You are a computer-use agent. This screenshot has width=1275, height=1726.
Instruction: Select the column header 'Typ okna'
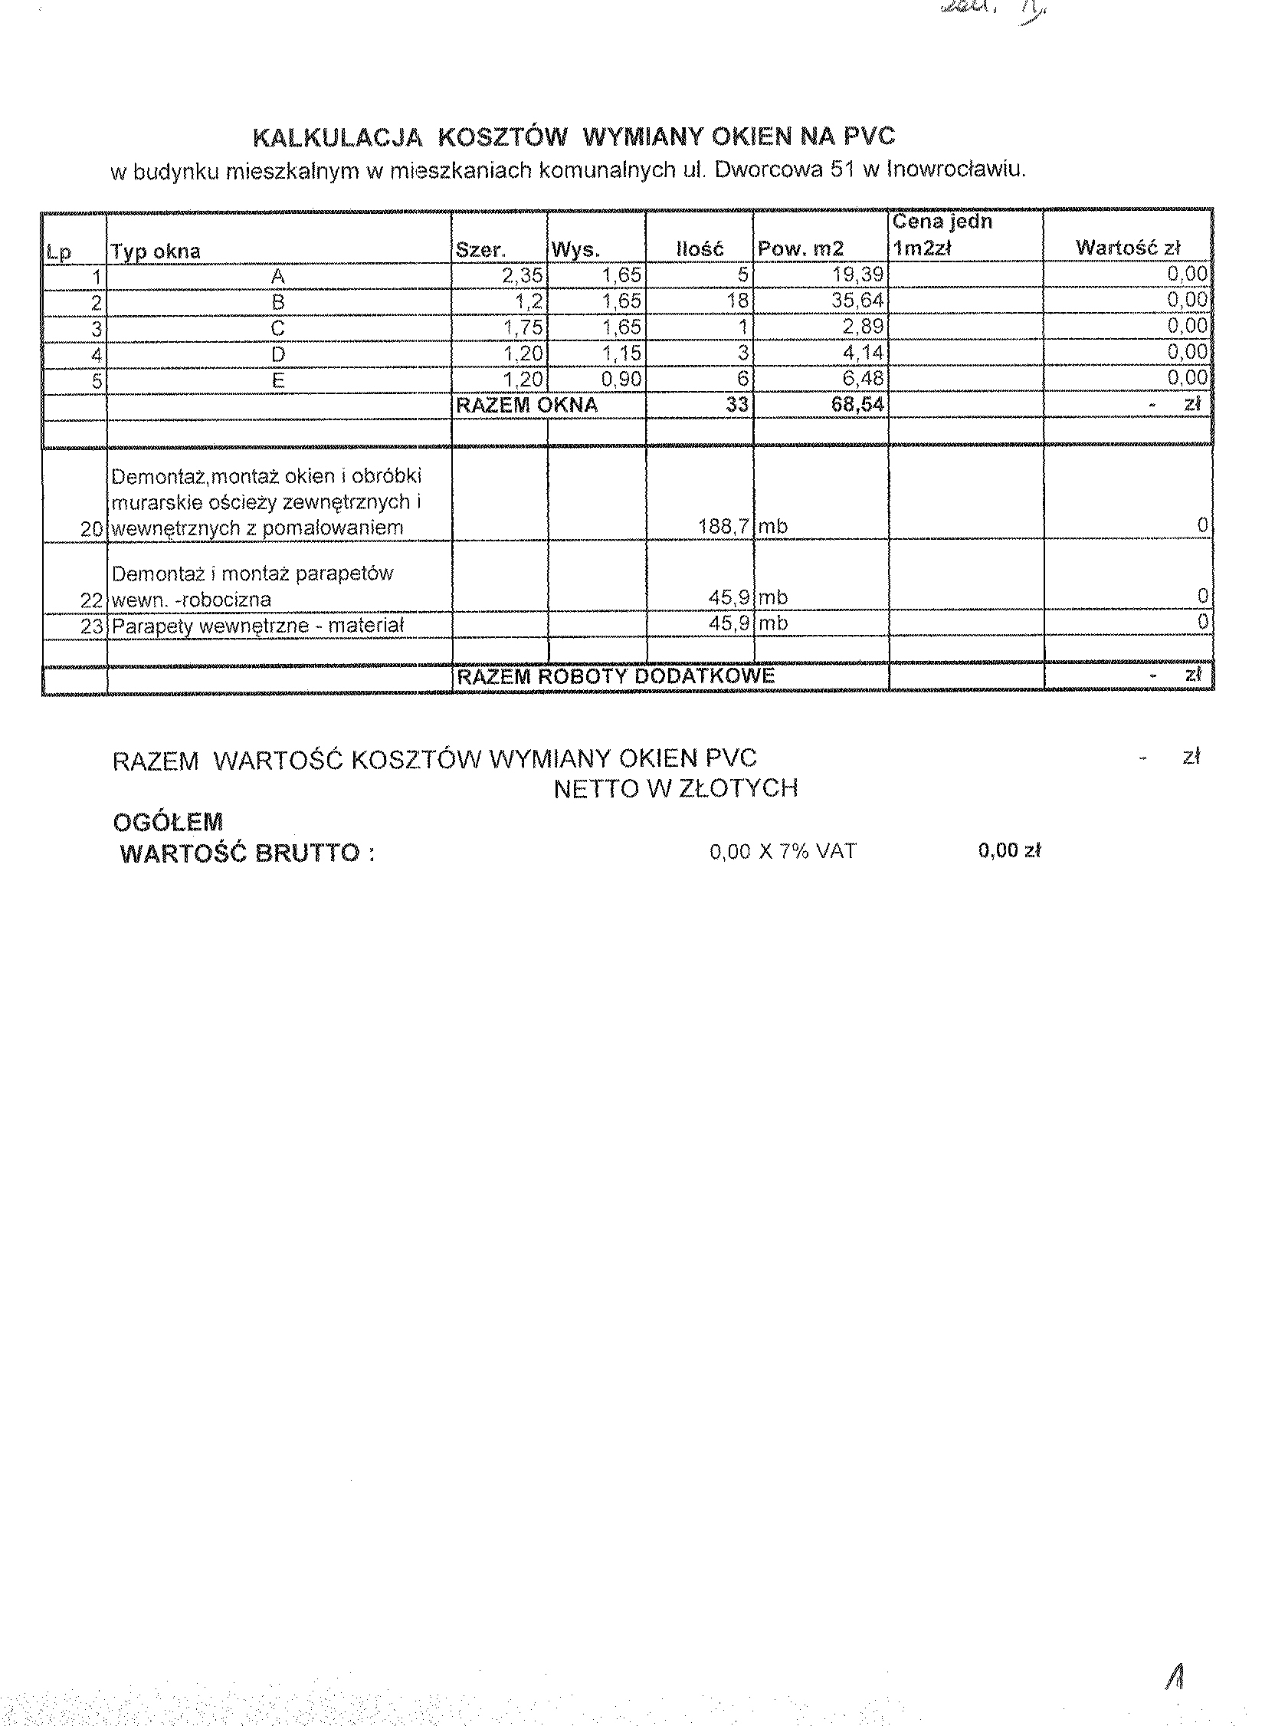[156, 252]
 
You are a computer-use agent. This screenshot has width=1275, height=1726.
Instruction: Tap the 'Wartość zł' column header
[1128, 248]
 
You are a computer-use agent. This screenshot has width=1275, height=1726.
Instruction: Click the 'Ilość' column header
[700, 249]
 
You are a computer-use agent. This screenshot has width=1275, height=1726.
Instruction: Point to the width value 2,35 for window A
[523, 276]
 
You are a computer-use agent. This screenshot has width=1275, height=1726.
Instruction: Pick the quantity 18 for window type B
[737, 301]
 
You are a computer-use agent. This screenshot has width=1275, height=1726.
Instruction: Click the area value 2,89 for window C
[863, 327]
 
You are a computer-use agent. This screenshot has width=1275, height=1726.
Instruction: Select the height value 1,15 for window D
[621, 353]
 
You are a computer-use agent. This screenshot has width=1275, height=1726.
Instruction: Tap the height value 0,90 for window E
[621, 380]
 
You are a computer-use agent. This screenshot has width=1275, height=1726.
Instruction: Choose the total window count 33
[737, 405]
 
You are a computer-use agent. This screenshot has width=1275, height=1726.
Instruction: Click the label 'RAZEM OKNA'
[526, 406]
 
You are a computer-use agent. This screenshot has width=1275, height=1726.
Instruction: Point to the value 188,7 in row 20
[723, 528]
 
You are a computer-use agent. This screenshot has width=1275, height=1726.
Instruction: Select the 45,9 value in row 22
[729, 598]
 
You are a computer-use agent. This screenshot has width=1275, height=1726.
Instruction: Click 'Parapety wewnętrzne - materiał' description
[257, 626]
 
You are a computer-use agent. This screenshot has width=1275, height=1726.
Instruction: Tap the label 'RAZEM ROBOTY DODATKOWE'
[615, 676]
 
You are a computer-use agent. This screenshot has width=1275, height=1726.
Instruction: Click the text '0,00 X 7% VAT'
[782, 851]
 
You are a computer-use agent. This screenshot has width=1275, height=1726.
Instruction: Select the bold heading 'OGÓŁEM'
[168, 822]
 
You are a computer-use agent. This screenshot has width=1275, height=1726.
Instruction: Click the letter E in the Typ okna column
[278, 381]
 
